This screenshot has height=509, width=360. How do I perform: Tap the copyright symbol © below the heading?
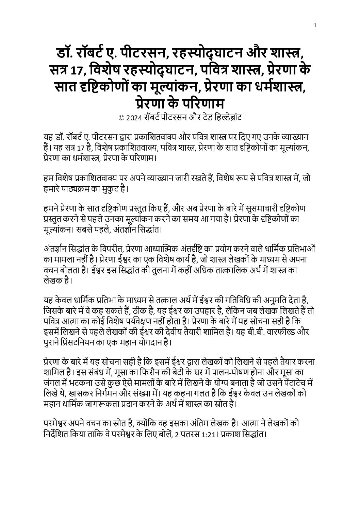[x=121, y=118]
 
